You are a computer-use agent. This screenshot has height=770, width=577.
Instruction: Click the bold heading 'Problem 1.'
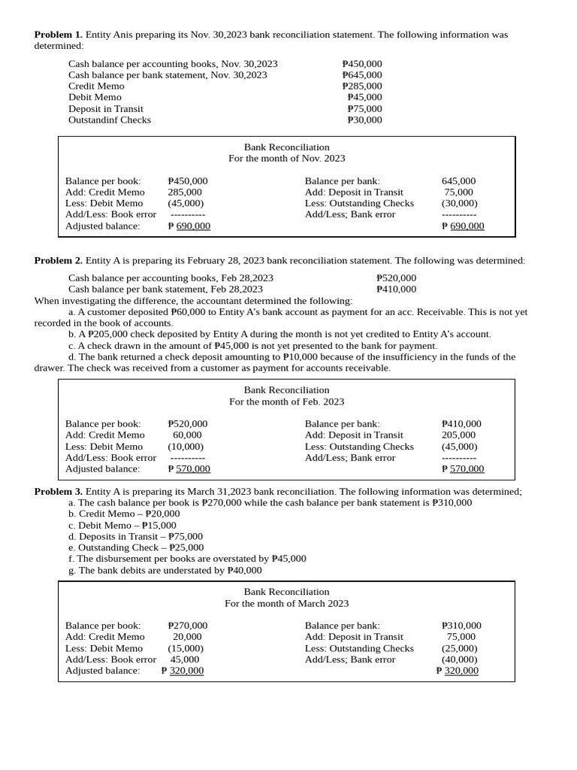point(59,35)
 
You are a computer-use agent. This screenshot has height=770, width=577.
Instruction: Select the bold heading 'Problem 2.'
point(59,260)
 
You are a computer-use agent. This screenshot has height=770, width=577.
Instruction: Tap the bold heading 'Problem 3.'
point(59,491)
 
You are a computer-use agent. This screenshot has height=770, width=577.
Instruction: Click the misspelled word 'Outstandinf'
point(94,120)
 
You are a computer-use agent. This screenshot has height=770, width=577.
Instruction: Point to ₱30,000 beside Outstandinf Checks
point(364,120)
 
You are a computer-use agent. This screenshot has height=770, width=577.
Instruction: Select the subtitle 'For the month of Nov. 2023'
point(286,159)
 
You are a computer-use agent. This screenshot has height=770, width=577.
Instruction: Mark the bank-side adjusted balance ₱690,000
point(463,226)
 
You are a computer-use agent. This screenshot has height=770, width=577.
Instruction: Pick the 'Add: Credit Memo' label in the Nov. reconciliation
point(105,192)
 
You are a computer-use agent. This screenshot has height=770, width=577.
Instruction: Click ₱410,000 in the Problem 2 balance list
point(396,289)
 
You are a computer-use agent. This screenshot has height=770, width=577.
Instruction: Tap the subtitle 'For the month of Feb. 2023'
point(286,402)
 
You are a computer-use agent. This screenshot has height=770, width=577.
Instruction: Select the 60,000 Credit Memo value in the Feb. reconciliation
point(187,435)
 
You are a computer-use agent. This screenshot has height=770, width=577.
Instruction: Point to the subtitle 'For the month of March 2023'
point(286,603)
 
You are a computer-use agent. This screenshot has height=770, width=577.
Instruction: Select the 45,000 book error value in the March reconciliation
point(185,659)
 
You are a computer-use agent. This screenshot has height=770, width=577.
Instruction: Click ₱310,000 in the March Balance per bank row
point(461,626)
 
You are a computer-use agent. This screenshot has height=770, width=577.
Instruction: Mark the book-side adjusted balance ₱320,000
point(183,671)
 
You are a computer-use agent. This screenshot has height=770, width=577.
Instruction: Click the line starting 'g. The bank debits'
point(165,570)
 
